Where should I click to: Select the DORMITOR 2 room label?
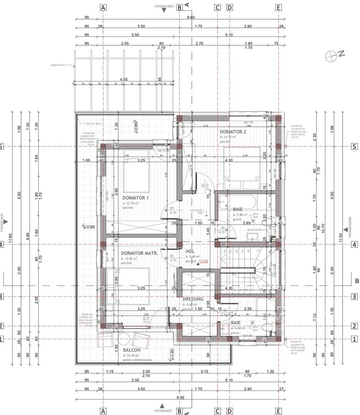coord(233,131)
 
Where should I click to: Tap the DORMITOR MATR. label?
coord(139,254)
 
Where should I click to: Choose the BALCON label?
coord(132,350)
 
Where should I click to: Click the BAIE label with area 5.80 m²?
coord(238,209)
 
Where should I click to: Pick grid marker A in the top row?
coord(103,7)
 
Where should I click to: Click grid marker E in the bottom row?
coord(278,411)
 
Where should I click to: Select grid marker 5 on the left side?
coord(1,147)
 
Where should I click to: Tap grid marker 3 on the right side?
coord(354,297)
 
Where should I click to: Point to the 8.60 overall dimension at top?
coord(191,17)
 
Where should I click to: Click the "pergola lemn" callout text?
coord(57,65)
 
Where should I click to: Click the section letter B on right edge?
coord(356,281)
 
